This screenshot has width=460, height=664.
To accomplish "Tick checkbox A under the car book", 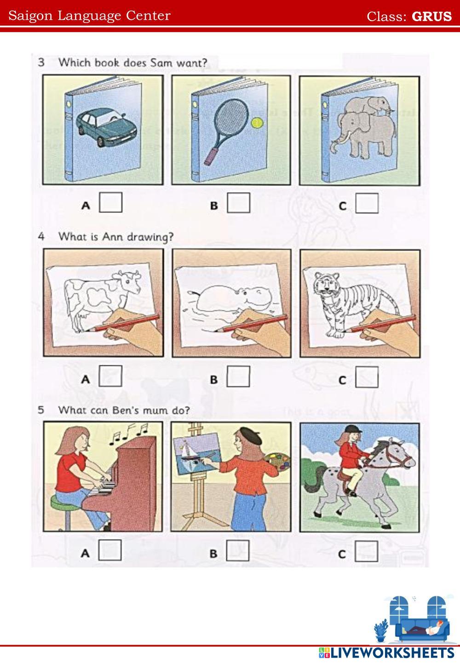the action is pyautogui.click(x=110, y=202).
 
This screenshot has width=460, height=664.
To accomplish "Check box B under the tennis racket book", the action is pyautogui.click(x=239, y=203).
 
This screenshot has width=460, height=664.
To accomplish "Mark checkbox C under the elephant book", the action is pyautogui.click(x=367, y=203).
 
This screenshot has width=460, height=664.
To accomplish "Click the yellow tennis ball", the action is pyautogui.click(x=257, y=123).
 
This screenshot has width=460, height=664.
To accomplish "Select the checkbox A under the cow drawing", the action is pyautogui.click(x=110, y=376).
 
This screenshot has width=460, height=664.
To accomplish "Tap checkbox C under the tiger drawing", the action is pyautogui.click(x=367, y=377).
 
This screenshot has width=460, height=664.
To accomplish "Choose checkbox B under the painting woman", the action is pyautogui.click(x=237, y=550).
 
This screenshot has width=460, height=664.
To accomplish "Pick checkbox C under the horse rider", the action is pyautogui.click(x=366, y=551).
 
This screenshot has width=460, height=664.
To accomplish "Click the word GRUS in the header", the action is pyautogui.click(x=431, y=17).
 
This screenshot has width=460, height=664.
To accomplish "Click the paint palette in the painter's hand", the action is pyautogui.click(x=276, y=461).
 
